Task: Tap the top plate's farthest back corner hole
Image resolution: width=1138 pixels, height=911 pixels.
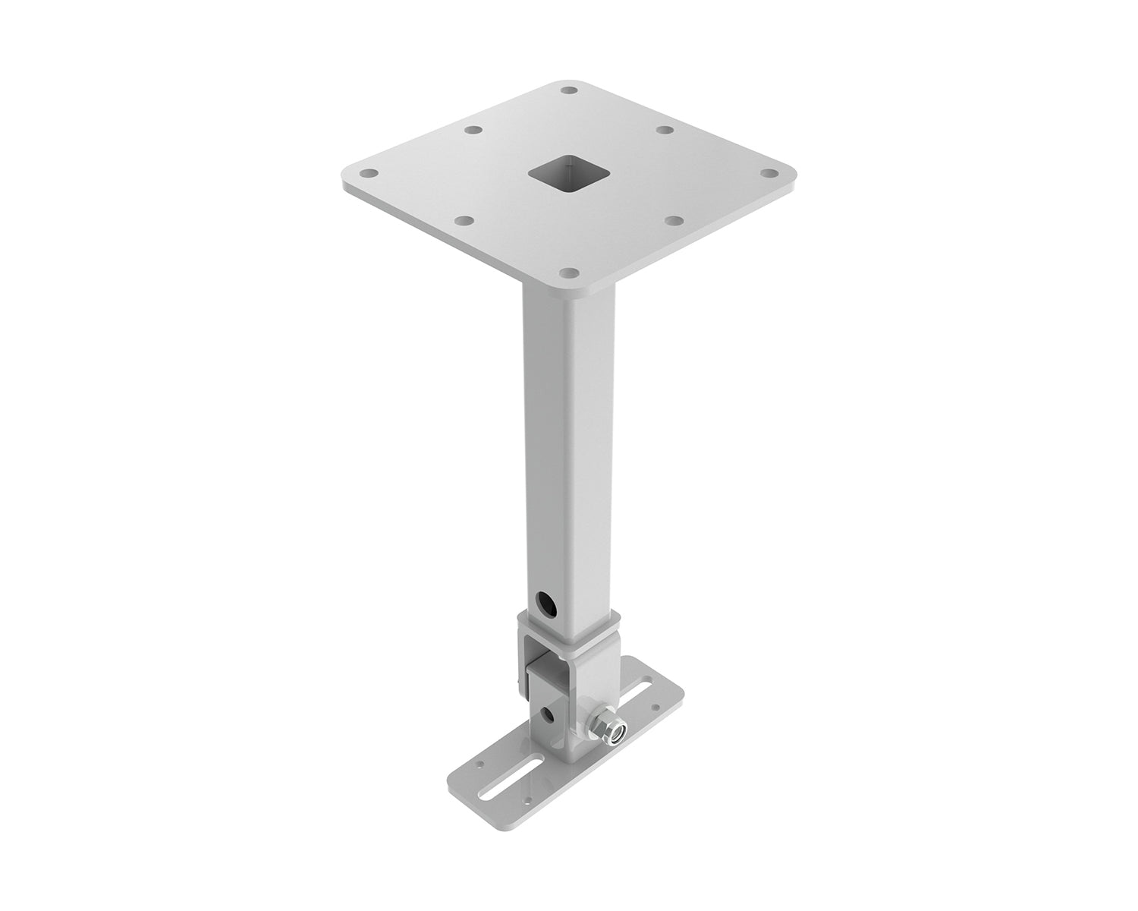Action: (x=570, y=90)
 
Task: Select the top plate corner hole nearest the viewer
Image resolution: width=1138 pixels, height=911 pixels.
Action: (x=568, y=270)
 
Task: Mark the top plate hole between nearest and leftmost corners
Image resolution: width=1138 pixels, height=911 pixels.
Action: (x=466, y=221)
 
